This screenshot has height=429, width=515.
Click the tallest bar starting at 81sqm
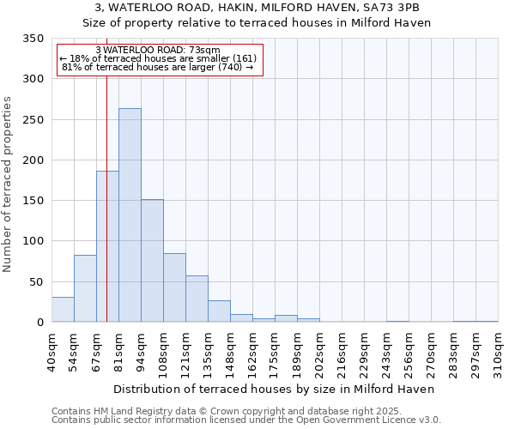point(130,215)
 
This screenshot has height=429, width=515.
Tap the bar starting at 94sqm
point(152,261)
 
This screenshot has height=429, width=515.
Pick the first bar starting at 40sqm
point(63,310)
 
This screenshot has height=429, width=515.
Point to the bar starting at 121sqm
point(197,299)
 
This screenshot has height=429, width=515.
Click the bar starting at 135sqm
point(219,311)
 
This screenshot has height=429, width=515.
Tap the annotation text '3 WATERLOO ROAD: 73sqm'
point(159,50)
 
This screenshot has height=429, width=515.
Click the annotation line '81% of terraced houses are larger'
point(159,68)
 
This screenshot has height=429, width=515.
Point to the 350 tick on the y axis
point(33,39)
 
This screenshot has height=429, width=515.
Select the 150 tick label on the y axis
point(33,201)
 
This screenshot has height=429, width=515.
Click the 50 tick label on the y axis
point(36,281)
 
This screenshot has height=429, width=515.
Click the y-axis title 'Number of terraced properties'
point(9,184)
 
